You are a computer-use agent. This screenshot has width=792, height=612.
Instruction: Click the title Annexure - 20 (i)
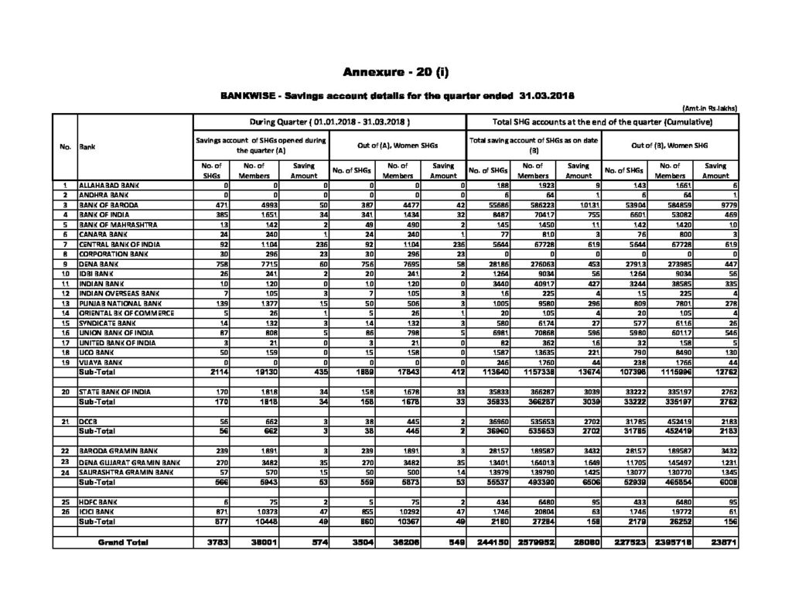tap(395, 73)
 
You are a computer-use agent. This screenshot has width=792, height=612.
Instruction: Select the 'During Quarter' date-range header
tap(329, 122)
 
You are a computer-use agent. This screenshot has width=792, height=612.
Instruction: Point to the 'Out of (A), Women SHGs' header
tap(398, 145)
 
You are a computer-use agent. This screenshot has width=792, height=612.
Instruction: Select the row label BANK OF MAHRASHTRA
tap(115, 224)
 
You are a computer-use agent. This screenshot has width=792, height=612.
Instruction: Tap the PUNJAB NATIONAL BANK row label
tap(116, 304)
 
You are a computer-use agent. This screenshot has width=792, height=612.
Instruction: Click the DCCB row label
tap(87, 421)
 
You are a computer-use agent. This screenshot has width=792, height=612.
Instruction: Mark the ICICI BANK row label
tap(97, 511)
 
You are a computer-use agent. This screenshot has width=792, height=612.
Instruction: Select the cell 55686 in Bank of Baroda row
tap(496, 206)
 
